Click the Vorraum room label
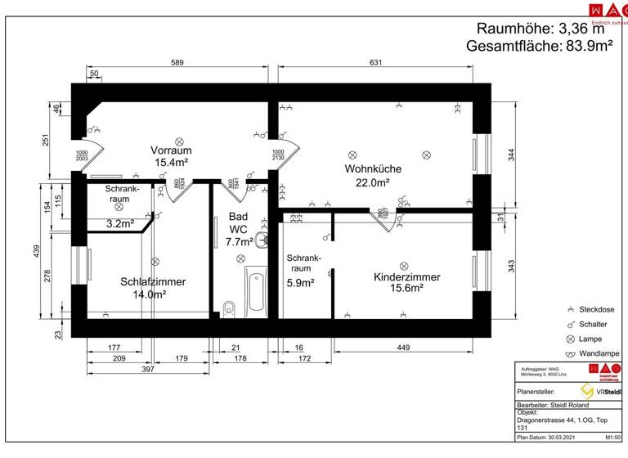click(x=170, y=157)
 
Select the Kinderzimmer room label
click(x=406, y=282)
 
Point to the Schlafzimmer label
click(x=153, y=288)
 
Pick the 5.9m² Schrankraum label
click(x=304, y=274)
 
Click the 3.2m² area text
click(x=120, y=222)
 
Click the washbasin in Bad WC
click(x=261, y=240)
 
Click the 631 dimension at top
click(x=375, y=62)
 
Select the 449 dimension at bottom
click(x=402, y=348)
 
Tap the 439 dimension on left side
click(x=37, y=252)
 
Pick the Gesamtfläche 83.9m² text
click(x=540, y=47)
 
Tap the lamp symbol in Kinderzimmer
click(x=403, y=265)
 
